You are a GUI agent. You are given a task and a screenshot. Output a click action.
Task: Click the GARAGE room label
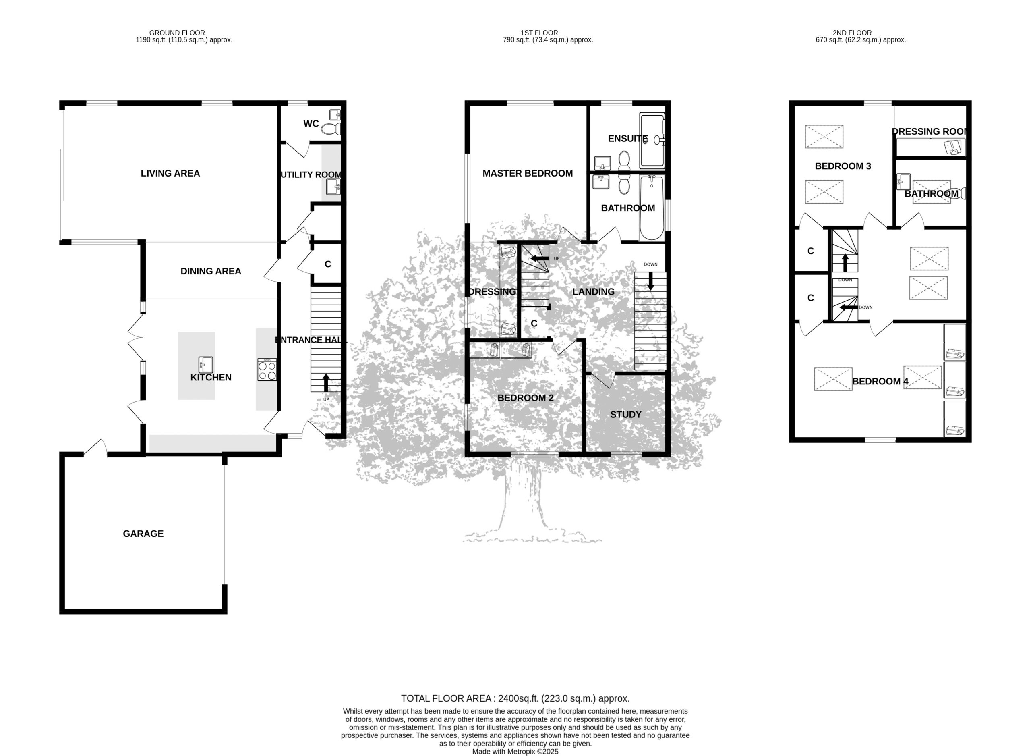pyautogui.click(x=143, y=534)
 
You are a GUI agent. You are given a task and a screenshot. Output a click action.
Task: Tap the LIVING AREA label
pyautogui.click(x=170, y=173)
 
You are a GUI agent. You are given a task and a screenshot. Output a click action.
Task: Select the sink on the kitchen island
pyautogui.click(x=206, y=365)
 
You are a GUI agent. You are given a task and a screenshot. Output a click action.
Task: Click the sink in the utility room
pyautogui.click(x=333, y=187)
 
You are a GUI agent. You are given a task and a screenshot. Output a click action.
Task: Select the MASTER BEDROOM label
pyautogui.click(x=528, y=173)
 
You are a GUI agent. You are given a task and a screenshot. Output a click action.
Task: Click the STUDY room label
pyautogui.click(x=625, y=415)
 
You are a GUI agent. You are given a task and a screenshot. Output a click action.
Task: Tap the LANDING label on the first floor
pyautogui.click(x=594, y=291)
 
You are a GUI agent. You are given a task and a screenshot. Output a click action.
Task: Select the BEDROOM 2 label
pyautogui.click(x=525, y=398)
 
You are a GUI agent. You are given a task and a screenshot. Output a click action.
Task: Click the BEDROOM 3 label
pyautogui.click(x=843, y=166)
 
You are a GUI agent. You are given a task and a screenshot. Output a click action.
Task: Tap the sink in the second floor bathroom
pyautogui.click(x=903, y=182)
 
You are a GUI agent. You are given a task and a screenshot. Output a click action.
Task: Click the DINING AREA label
pyautogui.click(x=211, y=271)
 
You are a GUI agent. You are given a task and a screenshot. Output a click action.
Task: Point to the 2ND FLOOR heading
pyautogui.click(x=852, y=33)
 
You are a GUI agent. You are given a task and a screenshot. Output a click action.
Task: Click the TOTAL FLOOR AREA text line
pyautogui.click(x=515, y=699)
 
